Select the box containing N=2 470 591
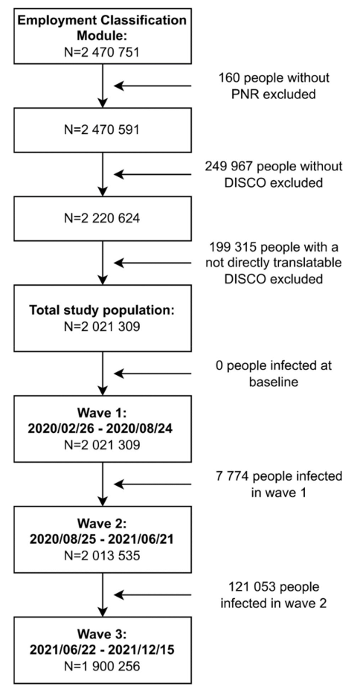[x=102, y=129]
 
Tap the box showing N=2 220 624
[x=102, y=218]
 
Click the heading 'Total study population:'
[x=102, y=310]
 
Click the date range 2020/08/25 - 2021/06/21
[x=102, y=539]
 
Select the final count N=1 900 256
[x=102, y=666]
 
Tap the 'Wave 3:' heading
[x=102, y=636]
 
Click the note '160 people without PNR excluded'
[x=274, y=86]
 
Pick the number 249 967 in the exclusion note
[x=225, y=167]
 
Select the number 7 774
[x=228, y=476]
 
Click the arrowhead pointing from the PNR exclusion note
[x=118, y=86]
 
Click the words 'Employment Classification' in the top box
[x=102, y=21]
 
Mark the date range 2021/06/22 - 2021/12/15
[x=102, y=651]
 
